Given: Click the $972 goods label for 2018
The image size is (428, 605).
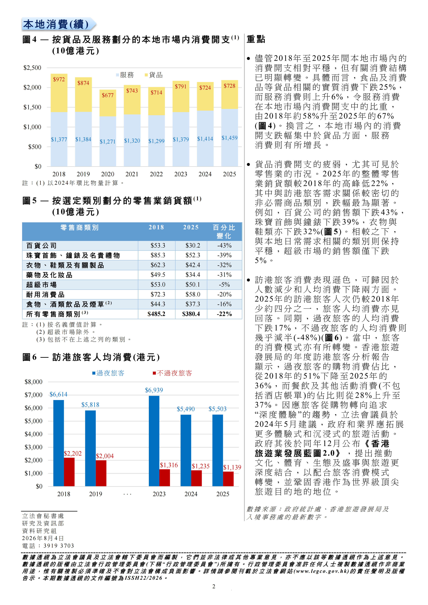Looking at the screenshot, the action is click(x=59, y=79).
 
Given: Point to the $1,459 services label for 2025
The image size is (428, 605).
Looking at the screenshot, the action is click(x=229, y=138).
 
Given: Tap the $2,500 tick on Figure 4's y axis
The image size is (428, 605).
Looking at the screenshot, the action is click(x=32, y=68).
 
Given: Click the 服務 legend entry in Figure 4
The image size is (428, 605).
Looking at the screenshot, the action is click(x=125, y=75).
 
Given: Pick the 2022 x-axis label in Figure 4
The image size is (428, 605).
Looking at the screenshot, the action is click(x=156, y=174).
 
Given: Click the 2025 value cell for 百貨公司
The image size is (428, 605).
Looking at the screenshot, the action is click(x=193, y=246).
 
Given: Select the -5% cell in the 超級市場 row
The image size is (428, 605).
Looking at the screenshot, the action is click(x=224, y=285).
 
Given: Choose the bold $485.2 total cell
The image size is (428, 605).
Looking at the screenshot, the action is click(x=156, y=314).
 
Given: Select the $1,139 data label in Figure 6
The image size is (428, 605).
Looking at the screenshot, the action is click(x=232, y=467).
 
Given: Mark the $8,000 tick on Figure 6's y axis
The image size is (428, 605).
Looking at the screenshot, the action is click(x=33, y=382).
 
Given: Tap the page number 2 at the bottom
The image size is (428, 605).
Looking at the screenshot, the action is click(x=214, y=586).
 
